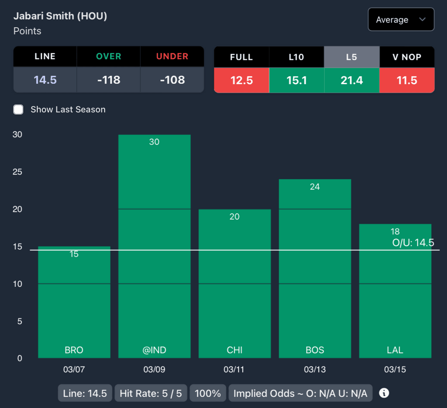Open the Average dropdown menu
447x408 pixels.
tap(401, 20)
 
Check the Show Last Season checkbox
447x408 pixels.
tap(18, 110)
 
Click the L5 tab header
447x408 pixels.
tap(351, 57)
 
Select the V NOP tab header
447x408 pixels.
tap(407, 57)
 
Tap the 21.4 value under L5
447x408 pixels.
tap(351, 80)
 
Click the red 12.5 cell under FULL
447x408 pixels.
tap(241, 80)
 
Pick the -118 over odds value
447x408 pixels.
tap(108, 80)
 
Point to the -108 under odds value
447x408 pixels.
tap(172, 80)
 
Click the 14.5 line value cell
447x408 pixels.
tap(45, 80)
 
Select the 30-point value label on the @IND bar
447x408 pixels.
tap(154, 142)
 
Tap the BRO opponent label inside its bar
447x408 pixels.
tap(74, 350)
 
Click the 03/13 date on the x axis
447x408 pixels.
tap(314, 370)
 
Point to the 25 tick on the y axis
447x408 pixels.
tap(17, 172)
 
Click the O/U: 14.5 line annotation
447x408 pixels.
tap(413, 243)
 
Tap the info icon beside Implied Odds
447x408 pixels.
tap(384, 393)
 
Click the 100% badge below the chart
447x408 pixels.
tap(208, 393)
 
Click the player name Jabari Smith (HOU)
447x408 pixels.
tap(60, 16)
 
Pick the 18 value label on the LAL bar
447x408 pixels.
tap(395, 231)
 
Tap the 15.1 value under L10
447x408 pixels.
tap(296, 80)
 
